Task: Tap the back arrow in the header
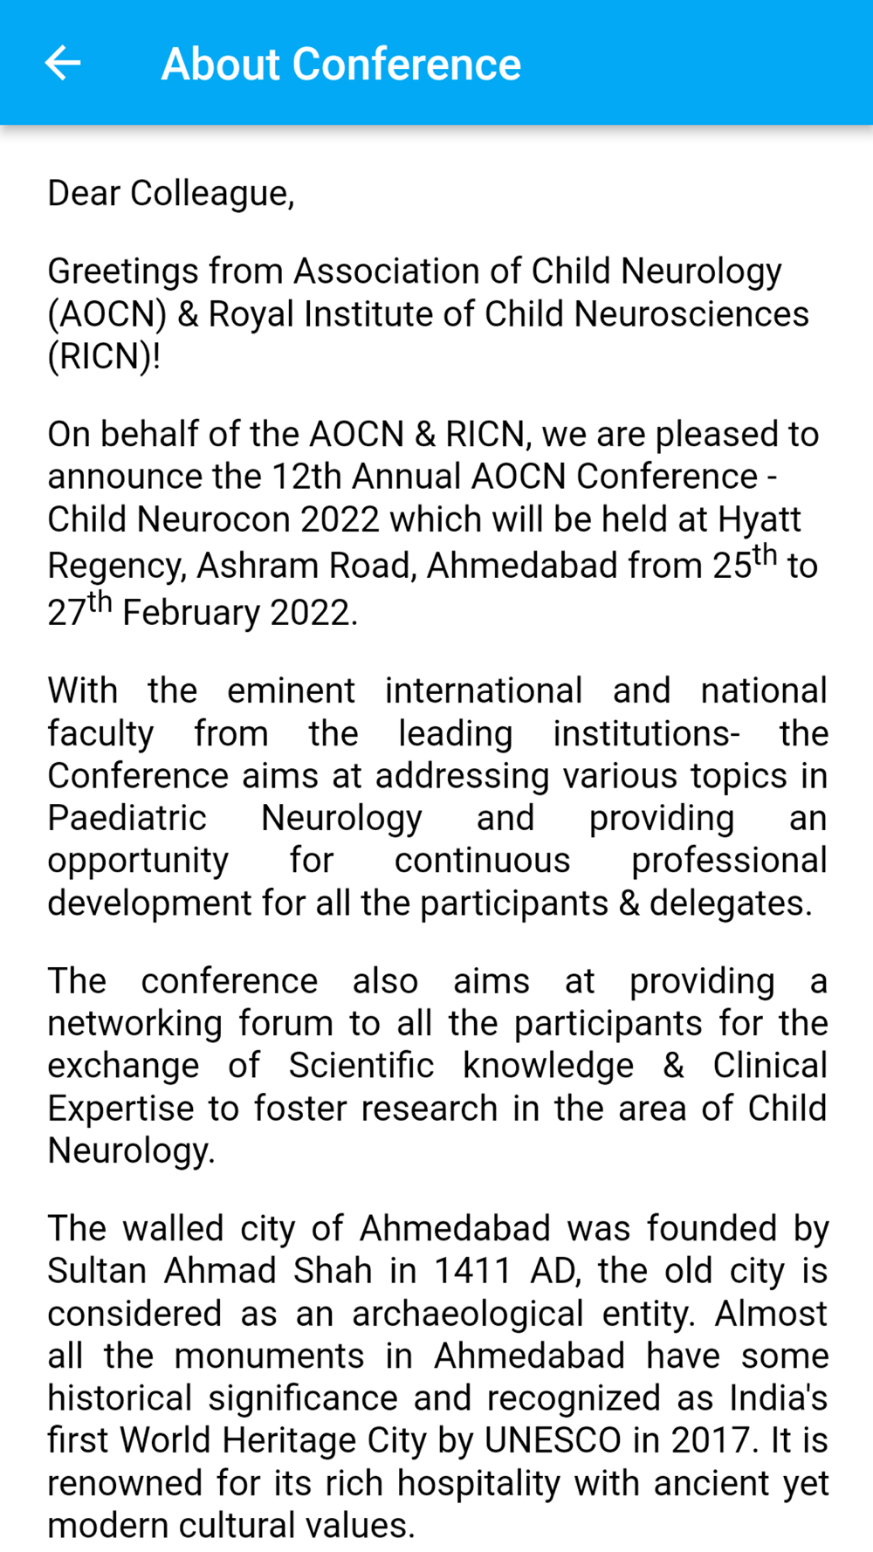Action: [63, 63]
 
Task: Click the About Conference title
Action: [340, 65]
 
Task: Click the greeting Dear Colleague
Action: [170, 193]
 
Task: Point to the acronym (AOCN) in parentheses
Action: [107, 314]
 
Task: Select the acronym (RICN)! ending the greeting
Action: [104, 357]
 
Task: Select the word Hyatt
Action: [759, 519]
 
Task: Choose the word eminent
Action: [291, 690]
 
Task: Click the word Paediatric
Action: [127, 819]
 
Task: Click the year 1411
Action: [472, 1271]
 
